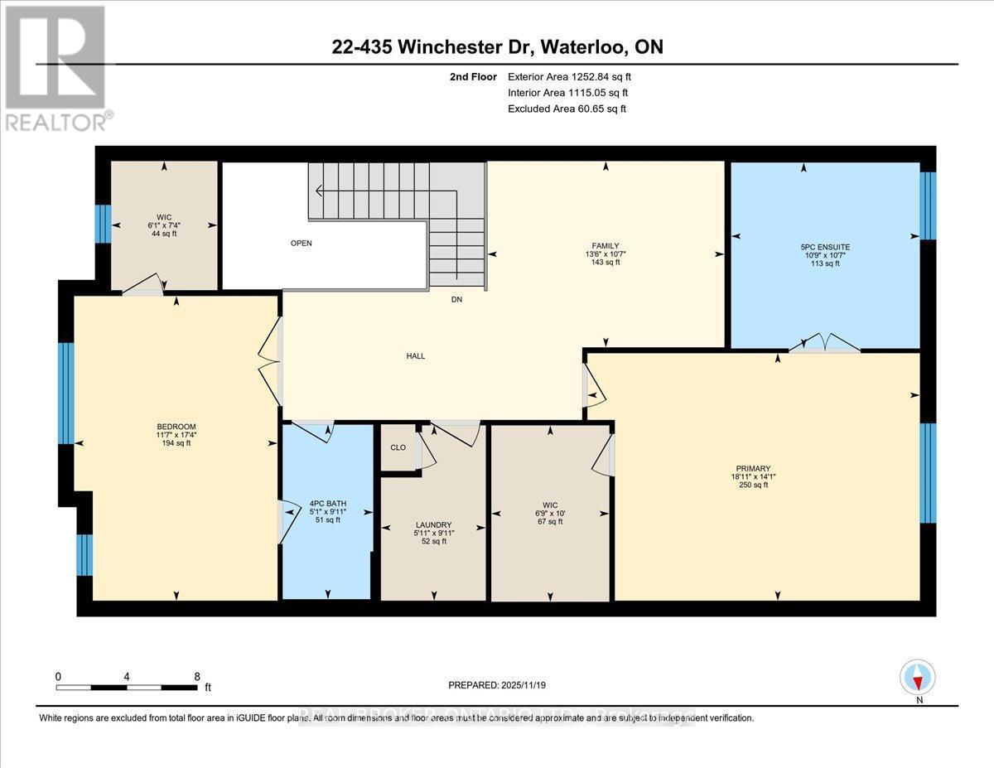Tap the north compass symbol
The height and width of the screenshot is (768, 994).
tap(917, 677)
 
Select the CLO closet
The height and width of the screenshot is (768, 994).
tap(398, 447)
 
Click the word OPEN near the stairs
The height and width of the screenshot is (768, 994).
tap(301, 244)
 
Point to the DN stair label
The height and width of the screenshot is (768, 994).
tap(456, 300)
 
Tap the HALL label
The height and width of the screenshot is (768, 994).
tap(415, 356)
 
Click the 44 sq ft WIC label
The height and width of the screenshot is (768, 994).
tap(164, 225)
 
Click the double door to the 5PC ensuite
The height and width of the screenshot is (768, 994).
tap(824, 345)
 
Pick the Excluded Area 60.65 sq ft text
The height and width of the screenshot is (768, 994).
tap(567, 109)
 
